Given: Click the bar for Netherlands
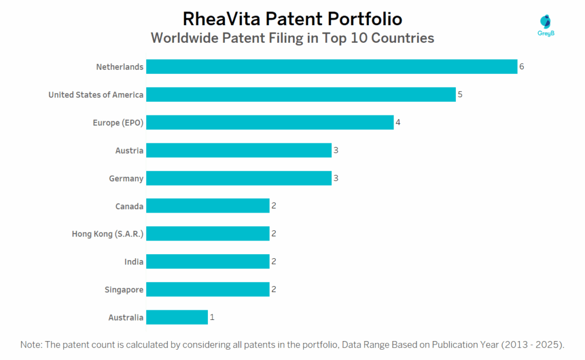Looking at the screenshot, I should pyautogui.click(x=331, y=67).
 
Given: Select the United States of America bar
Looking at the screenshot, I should pyautogui.click(x=300, y=94).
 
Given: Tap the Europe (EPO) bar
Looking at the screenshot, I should pyautogui.click(x=270, y=122).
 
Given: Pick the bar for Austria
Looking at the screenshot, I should pyautogui.click(x=239, y=150).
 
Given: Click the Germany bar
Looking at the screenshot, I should pyautogui.click(x=239, y=178).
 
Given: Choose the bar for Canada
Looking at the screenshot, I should pyautogui.click(x=207, y=206).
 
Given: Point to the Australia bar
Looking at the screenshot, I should pyautogui.click(x=177, y=317).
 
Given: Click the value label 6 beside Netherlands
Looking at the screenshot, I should pyautogui.click(x=522, y=67).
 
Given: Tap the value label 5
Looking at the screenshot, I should pyautogui.click(x=460, y=94).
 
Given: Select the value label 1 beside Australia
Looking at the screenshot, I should pyautogui.click(x=212, y=317).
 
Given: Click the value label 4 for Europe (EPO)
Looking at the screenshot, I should pyautogui.click(x=398, y=122).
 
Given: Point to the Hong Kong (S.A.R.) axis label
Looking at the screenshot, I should pyautogui.click(x=107, y=234).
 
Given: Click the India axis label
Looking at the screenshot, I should pyautogui.click(x=134, y=262).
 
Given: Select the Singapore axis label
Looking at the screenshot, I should pyautogui.click(x=125, y=290).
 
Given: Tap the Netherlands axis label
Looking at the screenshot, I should pyautogui.click(x=119, y=67).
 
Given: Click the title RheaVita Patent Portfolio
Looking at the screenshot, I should pyautogui.click(x=292, y=19).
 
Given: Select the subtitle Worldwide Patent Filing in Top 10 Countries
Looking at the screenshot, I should pyautogui.click(x=292, y=38).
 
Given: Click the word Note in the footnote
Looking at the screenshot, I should pyautogui.click(x=31, y=345).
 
